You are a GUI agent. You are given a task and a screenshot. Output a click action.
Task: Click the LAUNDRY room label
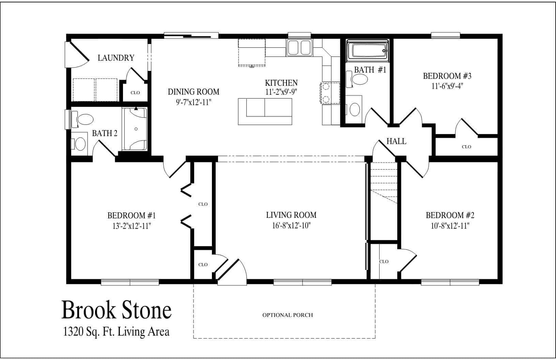coord(116,58)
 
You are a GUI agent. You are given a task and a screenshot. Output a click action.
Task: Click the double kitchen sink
coord(299,47)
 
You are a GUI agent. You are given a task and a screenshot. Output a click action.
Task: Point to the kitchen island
coord(265,111)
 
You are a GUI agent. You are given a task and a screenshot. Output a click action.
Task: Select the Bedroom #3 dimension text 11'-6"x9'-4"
coord(447,86)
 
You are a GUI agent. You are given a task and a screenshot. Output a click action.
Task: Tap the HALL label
coord(396,141)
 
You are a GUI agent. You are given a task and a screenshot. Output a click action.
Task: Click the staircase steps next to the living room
coord(384,182)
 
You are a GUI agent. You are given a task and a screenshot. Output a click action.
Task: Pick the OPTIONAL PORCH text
coord(287,315)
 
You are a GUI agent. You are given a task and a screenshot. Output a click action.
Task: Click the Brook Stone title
coord(117,310)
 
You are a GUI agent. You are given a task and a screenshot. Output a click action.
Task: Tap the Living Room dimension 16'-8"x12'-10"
coord(291,225)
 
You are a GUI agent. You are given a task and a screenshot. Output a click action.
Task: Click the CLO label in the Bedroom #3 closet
coord(466,147)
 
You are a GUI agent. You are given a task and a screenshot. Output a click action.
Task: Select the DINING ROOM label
coord(194,92)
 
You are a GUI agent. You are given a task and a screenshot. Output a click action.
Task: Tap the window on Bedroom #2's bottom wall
coord(450,282)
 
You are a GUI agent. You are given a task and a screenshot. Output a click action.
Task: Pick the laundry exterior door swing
coord(77,55)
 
